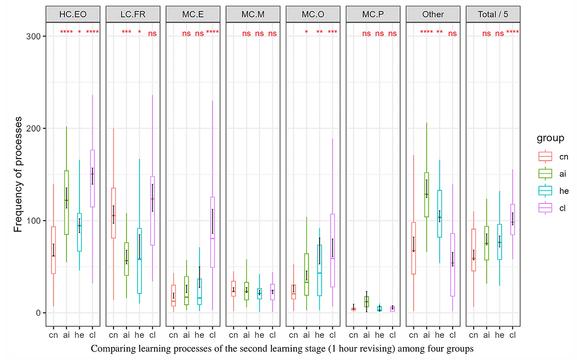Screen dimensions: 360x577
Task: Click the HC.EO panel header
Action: click(73, 15)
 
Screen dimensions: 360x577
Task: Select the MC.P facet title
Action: click(373, 15)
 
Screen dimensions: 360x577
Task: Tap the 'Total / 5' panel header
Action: click(493, 15)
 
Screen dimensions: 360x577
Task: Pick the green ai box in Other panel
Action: click(426, 195)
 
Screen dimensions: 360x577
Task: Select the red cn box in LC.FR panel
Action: click(114, 213)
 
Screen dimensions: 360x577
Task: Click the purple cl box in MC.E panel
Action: click(212, 232)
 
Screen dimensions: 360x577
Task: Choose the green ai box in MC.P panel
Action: click(366, 301)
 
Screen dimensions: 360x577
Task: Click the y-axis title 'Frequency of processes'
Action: click(18, 174)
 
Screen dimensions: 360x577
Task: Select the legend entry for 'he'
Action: click(551, 191)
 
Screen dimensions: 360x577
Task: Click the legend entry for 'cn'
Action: click(551, 157)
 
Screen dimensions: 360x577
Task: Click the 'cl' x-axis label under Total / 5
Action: click(513, 335)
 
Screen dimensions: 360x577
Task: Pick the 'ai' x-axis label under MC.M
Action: click(246, 335)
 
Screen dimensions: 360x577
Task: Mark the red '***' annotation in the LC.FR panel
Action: click(127, 32)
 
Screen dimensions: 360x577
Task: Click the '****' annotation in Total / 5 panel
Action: click(513, 32)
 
